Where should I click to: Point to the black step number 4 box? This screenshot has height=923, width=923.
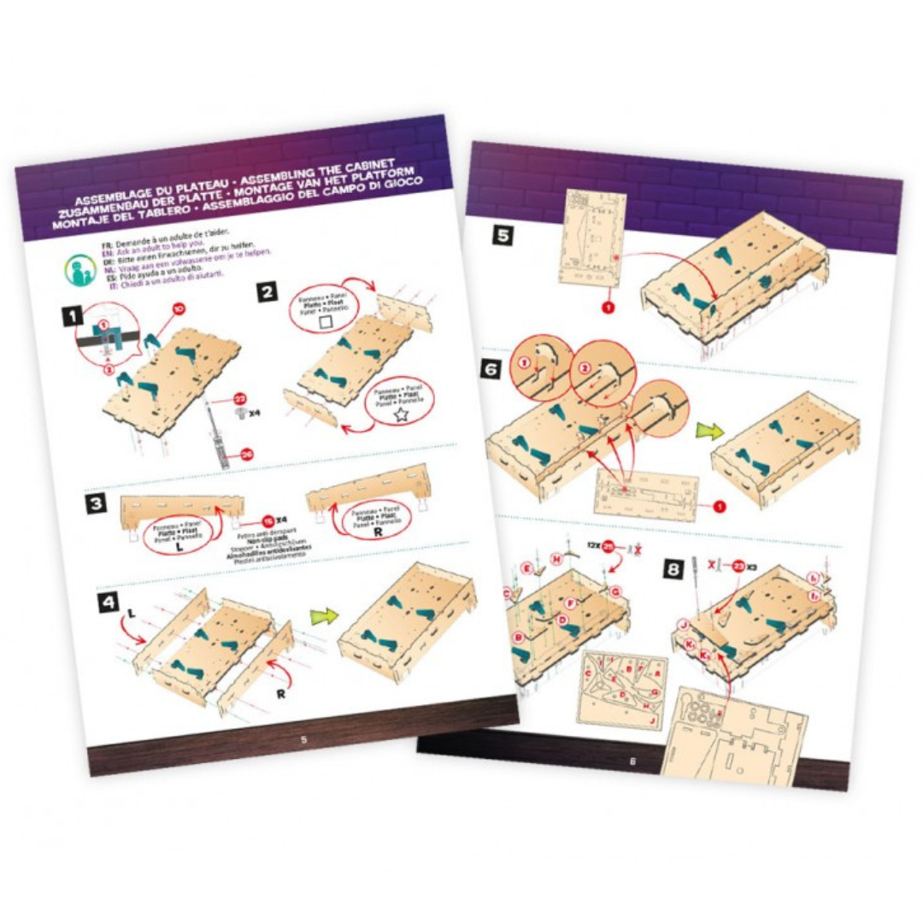click(109, 603)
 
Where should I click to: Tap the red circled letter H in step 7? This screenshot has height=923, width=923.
click(556, 560)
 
